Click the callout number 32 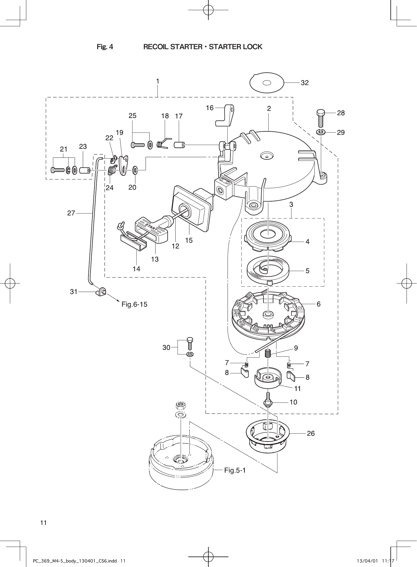tap(304, 83)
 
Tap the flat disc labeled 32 tap(267, 83)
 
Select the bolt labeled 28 tap(321, 118)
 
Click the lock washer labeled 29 tap(321, 132)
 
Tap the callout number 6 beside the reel tap(319, 304)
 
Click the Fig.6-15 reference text tap(134, 304)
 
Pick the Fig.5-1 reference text tap(235, 470)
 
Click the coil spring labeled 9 tap(268, 353)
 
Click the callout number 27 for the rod tap(71, 213)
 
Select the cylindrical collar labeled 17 tap(179, 145)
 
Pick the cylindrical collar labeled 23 tap(85, 170)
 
